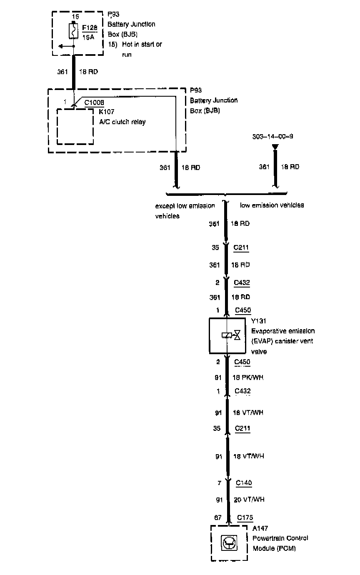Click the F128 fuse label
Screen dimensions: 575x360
coord(90,28)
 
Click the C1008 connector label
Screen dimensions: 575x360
coord(94,102)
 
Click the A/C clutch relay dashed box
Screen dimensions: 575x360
coord(75,127)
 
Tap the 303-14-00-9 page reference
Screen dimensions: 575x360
coord(272,137)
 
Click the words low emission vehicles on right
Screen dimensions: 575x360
coord(272,205)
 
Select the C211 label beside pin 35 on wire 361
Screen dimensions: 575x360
coord(241,247)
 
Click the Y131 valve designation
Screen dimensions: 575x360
coord(258,321)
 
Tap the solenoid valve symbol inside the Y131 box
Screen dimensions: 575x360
coord(231,335)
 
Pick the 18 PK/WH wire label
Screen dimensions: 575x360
coord(247,377)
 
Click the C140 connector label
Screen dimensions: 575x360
coord(244,483)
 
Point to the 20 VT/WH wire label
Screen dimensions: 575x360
coord(248,499)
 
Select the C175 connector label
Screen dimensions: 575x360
coord(245,518)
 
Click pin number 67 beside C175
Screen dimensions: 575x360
coord(217,518)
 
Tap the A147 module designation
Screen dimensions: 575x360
coord(260,529)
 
